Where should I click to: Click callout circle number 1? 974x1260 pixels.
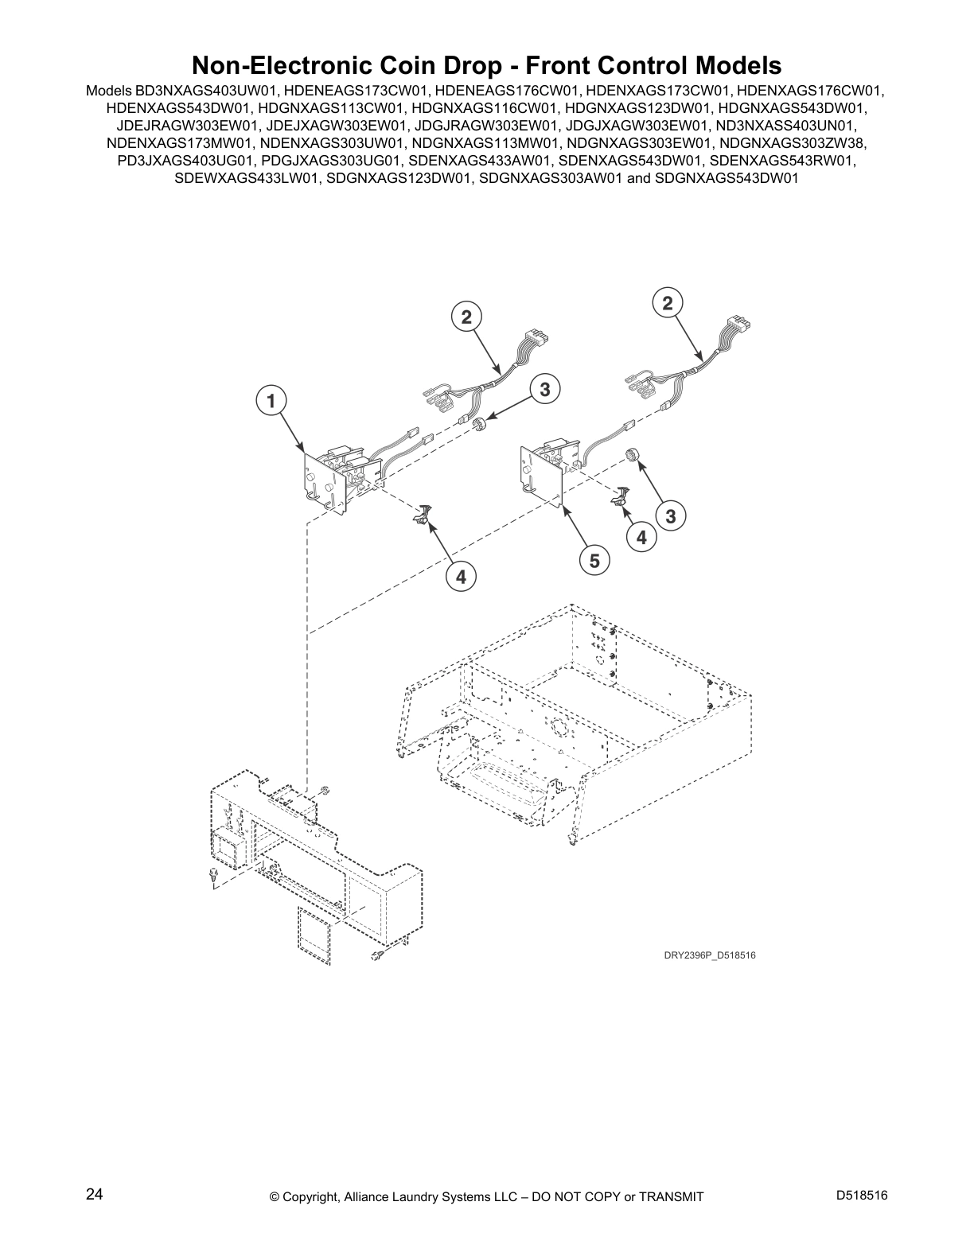pos(271,401)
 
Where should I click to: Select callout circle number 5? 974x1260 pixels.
pos(594,561)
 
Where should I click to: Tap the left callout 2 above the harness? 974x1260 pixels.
pos(466,317)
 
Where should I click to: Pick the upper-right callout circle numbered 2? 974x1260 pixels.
pos(667,302)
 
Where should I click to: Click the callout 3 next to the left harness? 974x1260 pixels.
pos(544,389)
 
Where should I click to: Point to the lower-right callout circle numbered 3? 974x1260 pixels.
pos(670,516)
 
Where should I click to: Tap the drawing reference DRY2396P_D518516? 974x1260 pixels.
pos(710,955)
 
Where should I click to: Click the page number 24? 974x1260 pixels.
pos(94,1195)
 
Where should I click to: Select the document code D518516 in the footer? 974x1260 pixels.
pos(862,1195)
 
